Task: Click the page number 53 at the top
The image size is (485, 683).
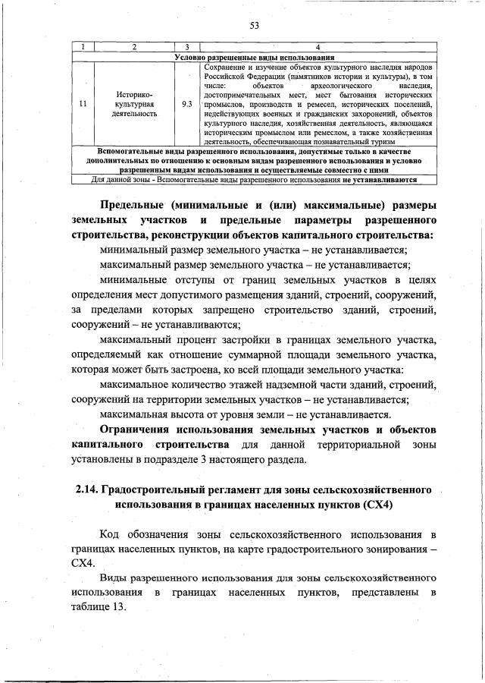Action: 255,25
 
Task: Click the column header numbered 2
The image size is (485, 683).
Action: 133,49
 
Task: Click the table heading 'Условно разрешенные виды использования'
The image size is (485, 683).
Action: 255,58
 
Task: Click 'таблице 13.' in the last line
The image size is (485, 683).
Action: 98,606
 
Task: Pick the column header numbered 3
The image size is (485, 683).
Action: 186,49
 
